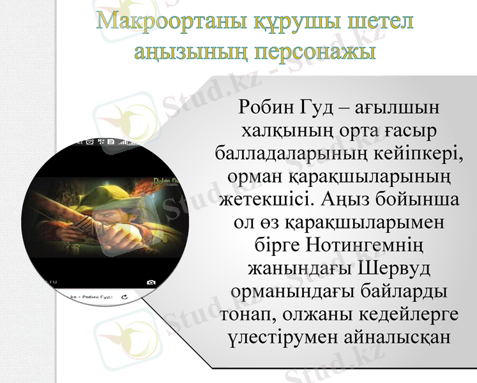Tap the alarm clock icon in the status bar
tap(90, 142)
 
